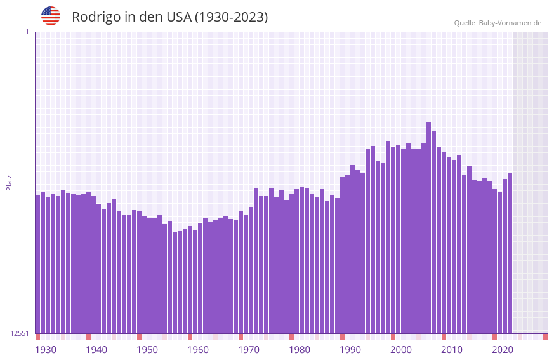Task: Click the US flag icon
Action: [x=51, y=16]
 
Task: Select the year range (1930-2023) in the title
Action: [x=231, y=17]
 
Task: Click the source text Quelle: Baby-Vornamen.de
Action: [x=498, y=23]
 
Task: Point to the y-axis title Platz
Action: [x=9, y=183]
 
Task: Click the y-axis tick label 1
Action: [x=27, y=32]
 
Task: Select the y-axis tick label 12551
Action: [x=20, y=333]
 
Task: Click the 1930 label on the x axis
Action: [x=46, y=350]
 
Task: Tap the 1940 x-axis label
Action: [x=96, y=350]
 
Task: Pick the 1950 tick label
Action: [x=147, y=350]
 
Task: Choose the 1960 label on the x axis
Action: [x=198, y=350]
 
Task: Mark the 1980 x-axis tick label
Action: [x=300, y=350]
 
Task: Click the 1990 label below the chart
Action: [x=350, y=350]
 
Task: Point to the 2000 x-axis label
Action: [x=401, y=350]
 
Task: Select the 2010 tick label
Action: [x=452, y=350]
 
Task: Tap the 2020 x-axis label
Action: [x=503, y=350]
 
